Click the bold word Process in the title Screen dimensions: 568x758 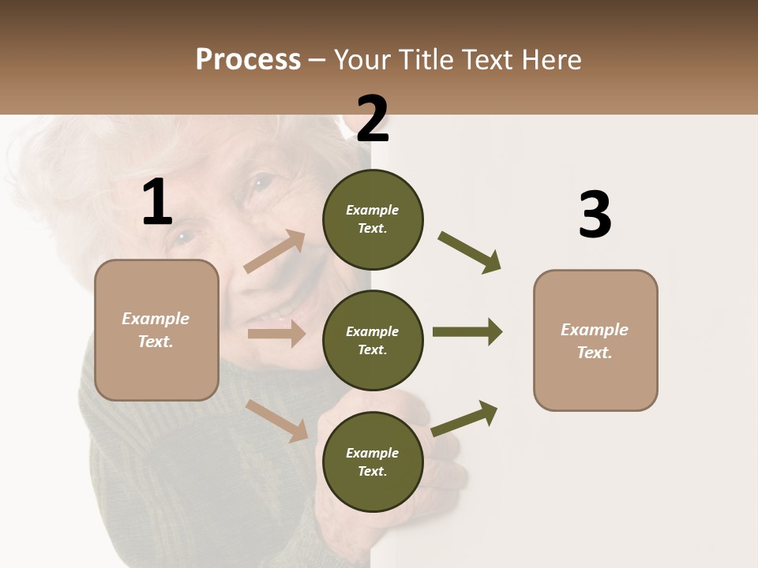point(248,60)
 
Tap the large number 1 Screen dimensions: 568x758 point(157,203)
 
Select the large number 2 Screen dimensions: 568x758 point(373,119)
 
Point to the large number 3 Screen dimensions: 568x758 point(595,215)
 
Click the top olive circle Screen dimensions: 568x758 point(373,219)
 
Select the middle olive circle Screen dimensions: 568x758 point(373,340)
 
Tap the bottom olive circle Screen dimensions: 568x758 point(373,461)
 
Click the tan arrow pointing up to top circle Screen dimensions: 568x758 point(275,252)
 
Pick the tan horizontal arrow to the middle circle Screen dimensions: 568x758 point(276,334)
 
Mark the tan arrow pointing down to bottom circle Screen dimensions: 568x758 point(277,420)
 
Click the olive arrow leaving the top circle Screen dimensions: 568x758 point(470,252)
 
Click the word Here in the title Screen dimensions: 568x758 point(552,60)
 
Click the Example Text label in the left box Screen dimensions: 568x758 point(156,330)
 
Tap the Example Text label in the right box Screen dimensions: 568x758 point(595,341)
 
